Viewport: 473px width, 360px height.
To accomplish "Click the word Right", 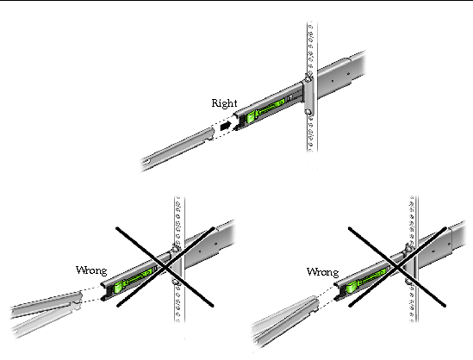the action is coord(224,103).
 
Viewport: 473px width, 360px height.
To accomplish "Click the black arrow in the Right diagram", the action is coord(226,126).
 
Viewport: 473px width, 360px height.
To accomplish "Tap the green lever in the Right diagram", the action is coord(265,110).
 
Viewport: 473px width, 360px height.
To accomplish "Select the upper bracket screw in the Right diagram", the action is coord(308,79).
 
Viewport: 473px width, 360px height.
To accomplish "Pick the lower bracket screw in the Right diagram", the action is coord(308,112).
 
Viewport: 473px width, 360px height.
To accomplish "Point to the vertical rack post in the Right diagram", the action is coord(312,88).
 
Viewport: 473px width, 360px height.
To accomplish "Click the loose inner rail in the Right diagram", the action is coord(177,149).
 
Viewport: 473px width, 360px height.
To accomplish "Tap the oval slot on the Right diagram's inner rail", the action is coord(147,163).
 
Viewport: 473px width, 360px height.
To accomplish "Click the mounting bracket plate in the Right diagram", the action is coord(308,96).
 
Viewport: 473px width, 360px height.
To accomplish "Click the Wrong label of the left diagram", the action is coord(91,270).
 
